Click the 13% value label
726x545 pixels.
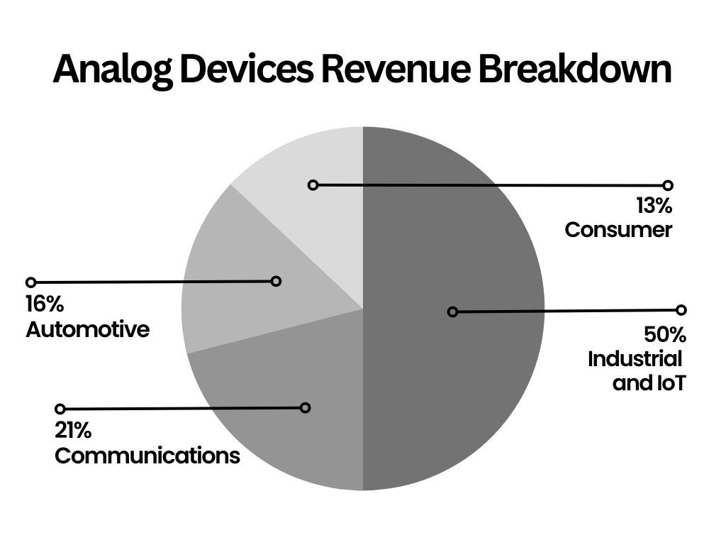(x=654, y=207)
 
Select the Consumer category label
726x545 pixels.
(x=618, y=230)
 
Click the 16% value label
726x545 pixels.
(x=45, y=305)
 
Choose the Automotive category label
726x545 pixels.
(x=88, y=329)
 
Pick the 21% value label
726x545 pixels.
(x=73, y=431)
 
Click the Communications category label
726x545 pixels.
(x=147, y=455)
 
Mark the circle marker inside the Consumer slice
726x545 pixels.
(x=313, y=185)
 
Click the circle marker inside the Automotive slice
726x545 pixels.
(x=277, y=281)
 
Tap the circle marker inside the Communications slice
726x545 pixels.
(x=306, y=407)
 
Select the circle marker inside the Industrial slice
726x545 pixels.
(x=452, y=312)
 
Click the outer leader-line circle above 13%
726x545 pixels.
(x=667, y=185)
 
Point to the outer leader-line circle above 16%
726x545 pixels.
(x=30, y=282)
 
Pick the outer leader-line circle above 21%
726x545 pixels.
(x=60, y=409)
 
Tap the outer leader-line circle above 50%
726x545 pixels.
(x=681, y=310)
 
